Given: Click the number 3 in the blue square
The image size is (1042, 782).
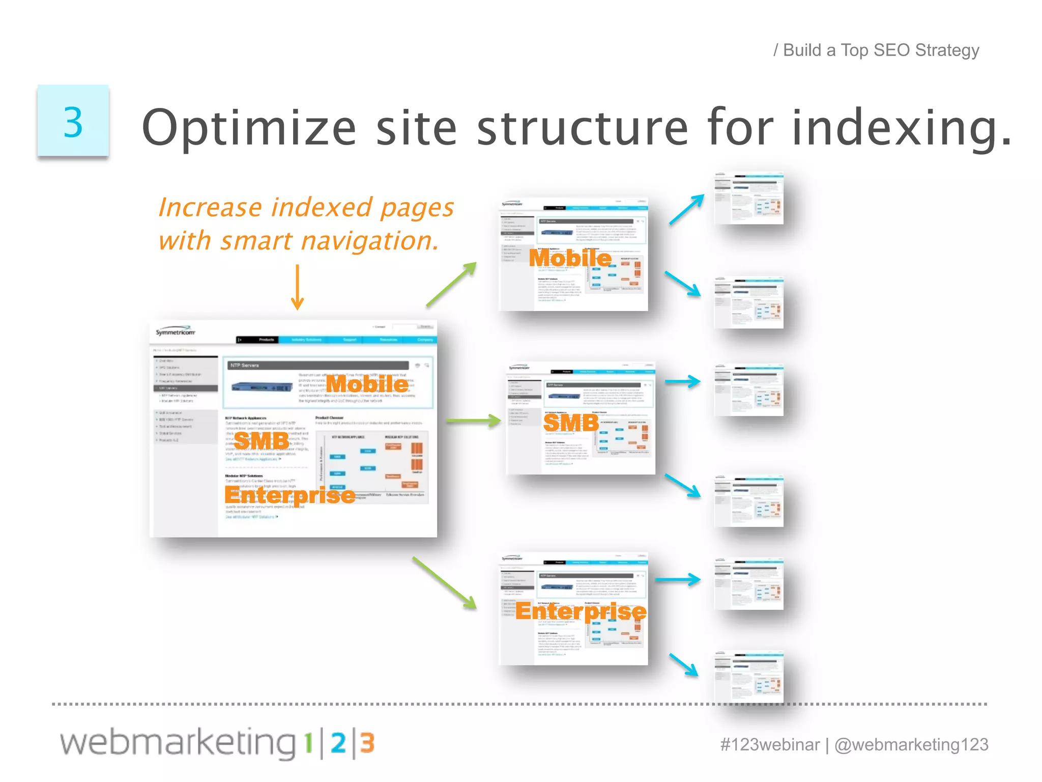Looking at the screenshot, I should (73, 122).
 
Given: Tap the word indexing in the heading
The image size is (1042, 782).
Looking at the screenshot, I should (901, 128).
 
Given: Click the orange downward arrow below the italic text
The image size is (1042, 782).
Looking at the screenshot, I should (297, 287).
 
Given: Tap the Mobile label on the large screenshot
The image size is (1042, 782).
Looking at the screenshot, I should (367, 384).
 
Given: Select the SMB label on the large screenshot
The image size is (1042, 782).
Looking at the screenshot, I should (262, 441).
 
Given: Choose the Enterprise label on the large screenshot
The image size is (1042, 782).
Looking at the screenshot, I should (290, 495).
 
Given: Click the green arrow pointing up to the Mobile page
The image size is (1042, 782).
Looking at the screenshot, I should (451, 284).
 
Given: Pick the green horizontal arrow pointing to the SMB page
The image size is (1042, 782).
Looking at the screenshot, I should (473, 421).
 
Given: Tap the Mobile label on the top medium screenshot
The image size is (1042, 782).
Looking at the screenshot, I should (570, 258).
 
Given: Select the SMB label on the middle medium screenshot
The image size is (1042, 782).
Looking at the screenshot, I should (571, 423).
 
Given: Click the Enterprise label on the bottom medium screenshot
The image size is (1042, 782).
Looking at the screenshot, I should (581, 611).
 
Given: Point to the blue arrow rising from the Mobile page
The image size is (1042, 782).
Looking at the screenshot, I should (687, 209).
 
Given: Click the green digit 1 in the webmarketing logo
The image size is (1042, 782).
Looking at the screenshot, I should (308, 744).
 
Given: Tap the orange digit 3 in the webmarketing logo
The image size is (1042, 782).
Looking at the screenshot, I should (367, 744).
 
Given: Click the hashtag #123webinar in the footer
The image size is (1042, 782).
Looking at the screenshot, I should (770, 745).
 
